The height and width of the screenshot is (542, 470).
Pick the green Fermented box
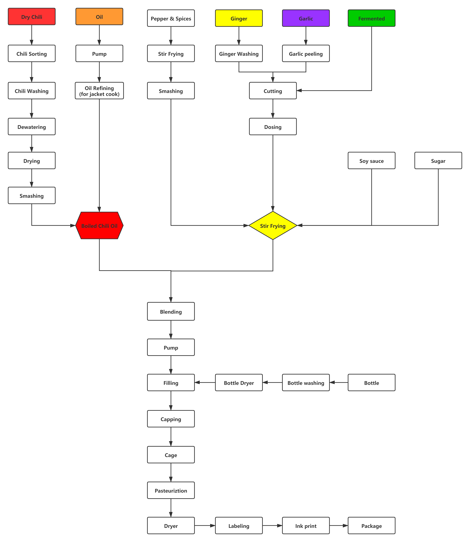click(371, 18)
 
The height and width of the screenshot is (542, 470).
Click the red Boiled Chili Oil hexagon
click(99, 226)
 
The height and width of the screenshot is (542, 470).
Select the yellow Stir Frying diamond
click(273, 226)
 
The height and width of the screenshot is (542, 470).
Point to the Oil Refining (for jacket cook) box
click(99, 91)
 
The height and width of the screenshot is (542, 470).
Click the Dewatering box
click(31, 127)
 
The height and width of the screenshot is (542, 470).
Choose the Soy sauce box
click(371, 161)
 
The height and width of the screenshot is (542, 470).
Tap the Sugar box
click(438, 161)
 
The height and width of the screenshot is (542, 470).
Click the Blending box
click(171, 311)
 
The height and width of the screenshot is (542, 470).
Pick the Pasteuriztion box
click(171, 490)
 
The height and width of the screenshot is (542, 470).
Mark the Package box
click(371, 526)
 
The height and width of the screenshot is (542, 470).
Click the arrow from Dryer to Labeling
click(205, 525)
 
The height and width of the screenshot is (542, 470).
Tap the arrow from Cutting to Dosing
click(273, 108)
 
